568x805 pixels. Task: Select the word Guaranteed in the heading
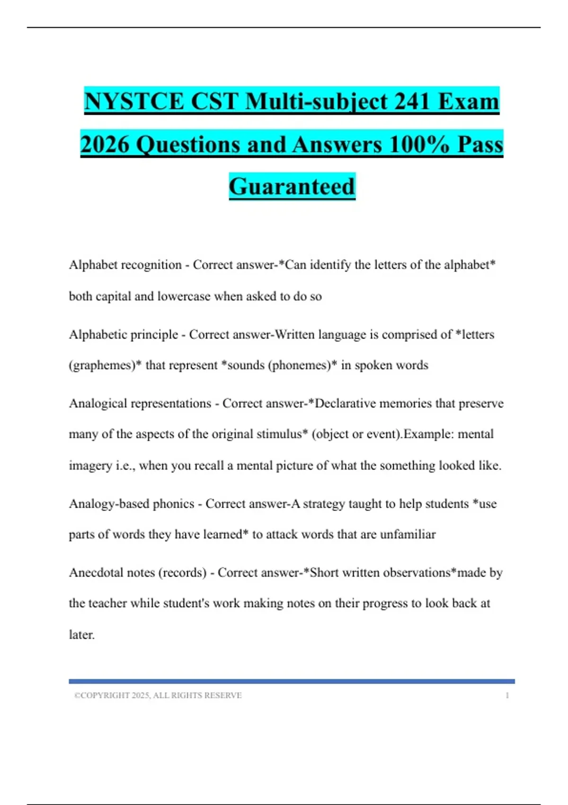292,186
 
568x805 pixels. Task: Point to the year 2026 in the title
105,144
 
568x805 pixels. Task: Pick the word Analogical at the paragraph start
98,403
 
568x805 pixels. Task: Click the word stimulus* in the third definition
282,434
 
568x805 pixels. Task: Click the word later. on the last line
82,635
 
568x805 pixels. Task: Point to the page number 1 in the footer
507,696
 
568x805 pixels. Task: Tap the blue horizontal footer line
292,681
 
